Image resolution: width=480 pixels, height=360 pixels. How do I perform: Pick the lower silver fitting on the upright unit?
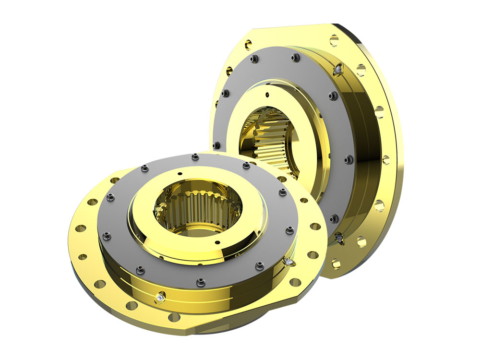[339, 237]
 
